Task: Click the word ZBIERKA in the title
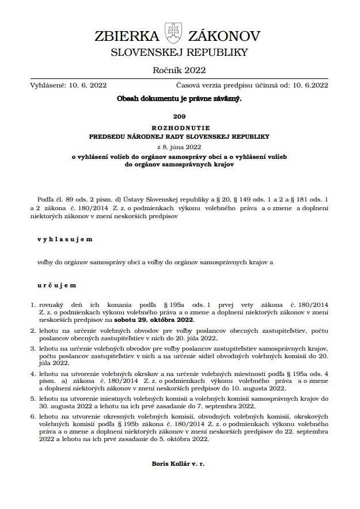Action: coord(127,36)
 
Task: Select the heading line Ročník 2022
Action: coord(179,70)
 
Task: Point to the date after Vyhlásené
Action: coord(88,85)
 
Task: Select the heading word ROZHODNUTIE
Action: coord(179,127)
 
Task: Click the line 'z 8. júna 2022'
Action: coord(179,146)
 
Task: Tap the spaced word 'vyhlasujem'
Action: coord(65,238)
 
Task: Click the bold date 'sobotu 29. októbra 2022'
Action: coord(154,320)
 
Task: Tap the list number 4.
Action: coord(32,374)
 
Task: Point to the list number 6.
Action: coord(32,415)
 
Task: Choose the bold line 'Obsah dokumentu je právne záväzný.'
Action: coord(179,98)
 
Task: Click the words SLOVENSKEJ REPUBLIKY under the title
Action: coord(179,52)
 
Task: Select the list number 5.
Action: coord(32,398)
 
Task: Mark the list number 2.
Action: coord(32,331)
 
